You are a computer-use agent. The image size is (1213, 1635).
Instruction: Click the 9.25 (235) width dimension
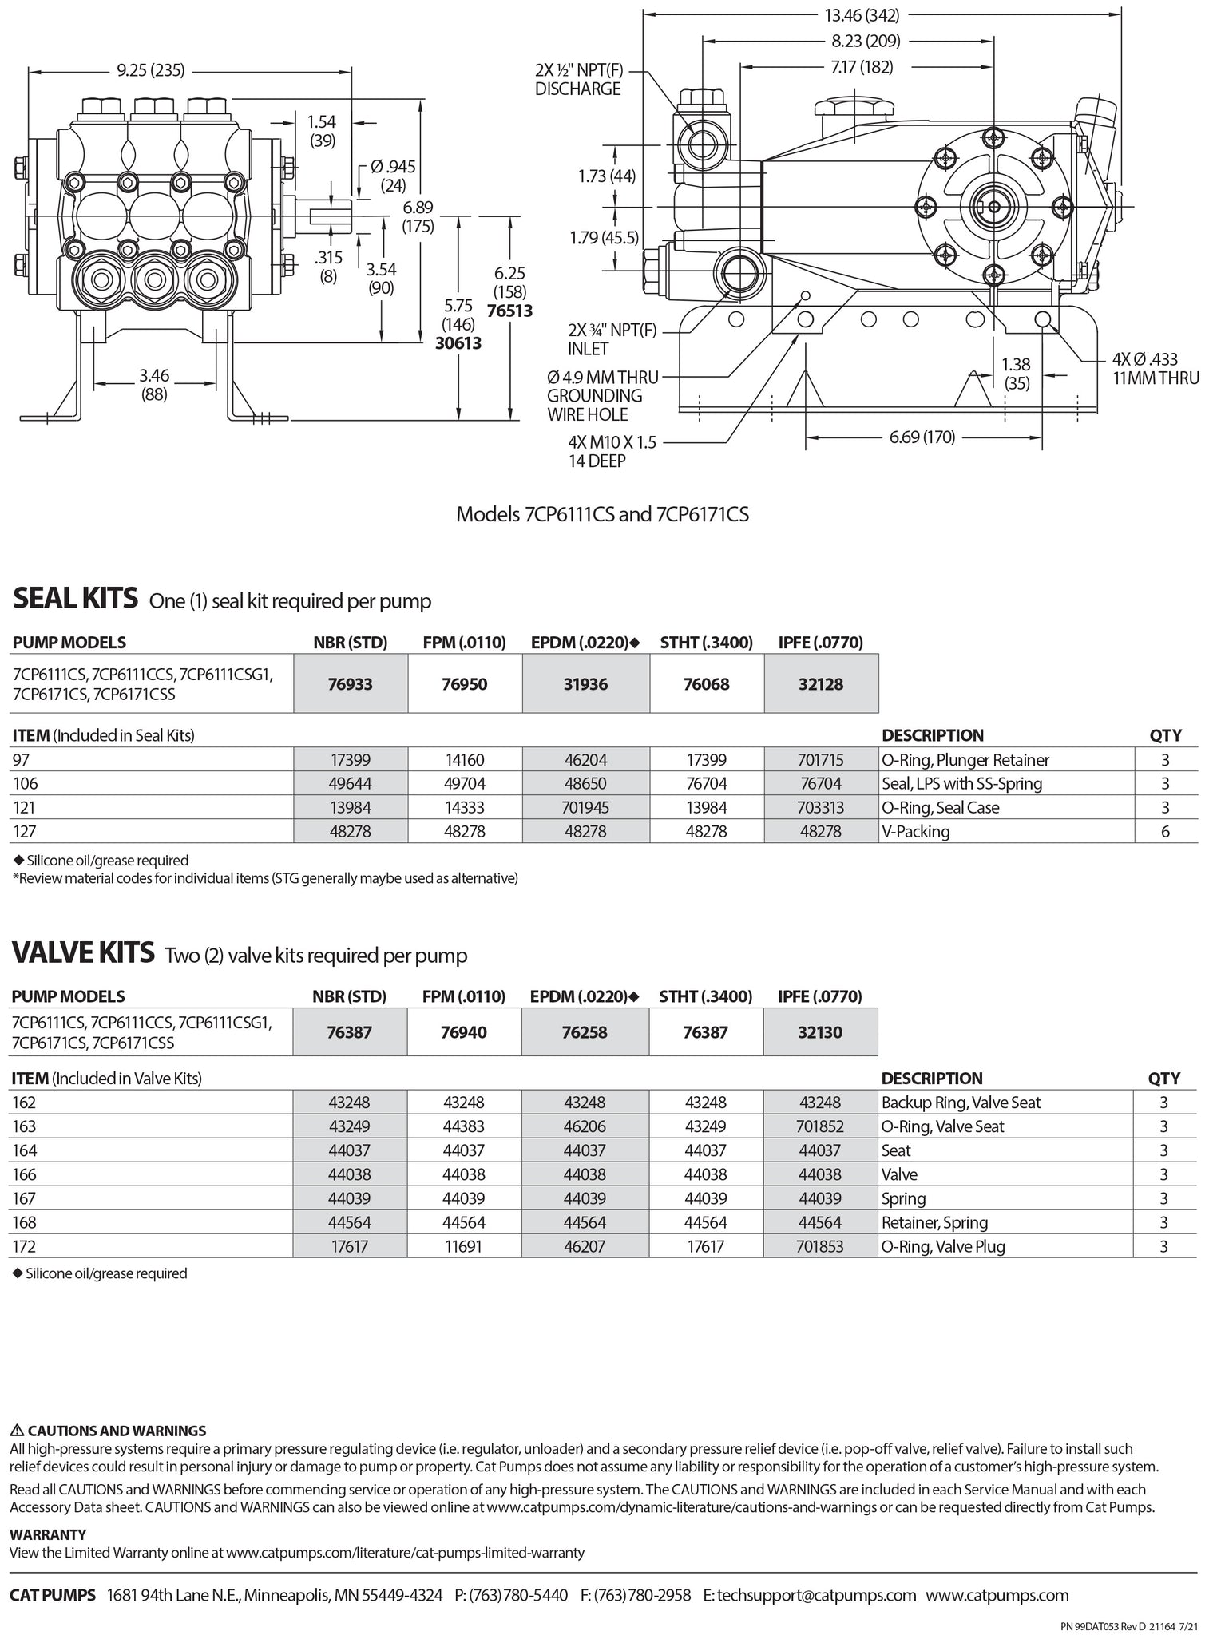point(151,70)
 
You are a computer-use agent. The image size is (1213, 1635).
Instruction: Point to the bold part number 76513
point(509,311)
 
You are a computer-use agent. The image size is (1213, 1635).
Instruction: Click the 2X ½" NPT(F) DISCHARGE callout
point(577,79)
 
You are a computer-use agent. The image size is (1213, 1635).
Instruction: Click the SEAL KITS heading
point(75,599)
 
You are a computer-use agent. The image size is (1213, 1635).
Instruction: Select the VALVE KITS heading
point(82,952)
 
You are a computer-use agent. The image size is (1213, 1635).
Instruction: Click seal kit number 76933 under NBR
point(351,684)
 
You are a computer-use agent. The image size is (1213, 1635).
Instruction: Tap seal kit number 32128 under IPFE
point(820,684)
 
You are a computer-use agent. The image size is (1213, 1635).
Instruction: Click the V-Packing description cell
point(916,831)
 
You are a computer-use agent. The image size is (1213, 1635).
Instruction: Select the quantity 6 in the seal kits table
point(1165,831)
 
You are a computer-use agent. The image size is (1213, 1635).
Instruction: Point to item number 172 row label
point(24,1246)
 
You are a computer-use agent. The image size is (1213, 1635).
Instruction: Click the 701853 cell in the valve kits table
point(820,1246)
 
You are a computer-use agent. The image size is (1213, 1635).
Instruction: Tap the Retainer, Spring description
point(934,1222)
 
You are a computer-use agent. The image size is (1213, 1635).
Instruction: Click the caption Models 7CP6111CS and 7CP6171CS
point(602,514)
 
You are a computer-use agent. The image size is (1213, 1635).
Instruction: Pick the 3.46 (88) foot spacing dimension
point(154,384)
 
